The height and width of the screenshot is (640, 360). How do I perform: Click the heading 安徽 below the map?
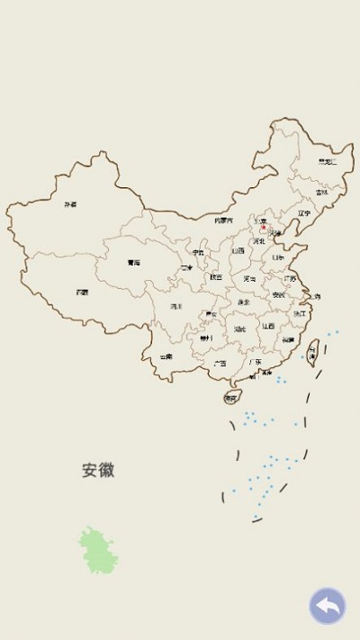98,470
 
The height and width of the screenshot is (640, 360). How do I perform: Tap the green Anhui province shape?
97,551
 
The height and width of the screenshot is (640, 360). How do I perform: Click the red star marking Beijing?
263,228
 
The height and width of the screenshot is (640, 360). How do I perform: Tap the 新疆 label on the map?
70,204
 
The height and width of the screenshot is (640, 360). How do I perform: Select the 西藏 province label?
82,292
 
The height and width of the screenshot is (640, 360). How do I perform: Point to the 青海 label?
134,263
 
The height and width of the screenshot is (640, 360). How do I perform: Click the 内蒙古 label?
223,220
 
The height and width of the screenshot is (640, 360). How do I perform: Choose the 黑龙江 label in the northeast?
327,162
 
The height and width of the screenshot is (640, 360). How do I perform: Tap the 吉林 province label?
321,192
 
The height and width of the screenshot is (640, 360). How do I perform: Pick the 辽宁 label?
303,213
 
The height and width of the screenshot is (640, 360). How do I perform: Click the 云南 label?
166,356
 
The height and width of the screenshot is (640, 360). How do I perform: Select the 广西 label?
220,364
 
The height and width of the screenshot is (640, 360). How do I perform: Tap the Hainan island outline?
231,397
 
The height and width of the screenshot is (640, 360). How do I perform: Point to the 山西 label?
238,251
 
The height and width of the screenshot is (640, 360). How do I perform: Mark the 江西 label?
268,326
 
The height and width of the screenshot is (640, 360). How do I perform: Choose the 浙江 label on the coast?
300,313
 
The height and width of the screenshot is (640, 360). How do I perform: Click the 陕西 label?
216,277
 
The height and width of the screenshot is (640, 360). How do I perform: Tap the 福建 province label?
287,340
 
